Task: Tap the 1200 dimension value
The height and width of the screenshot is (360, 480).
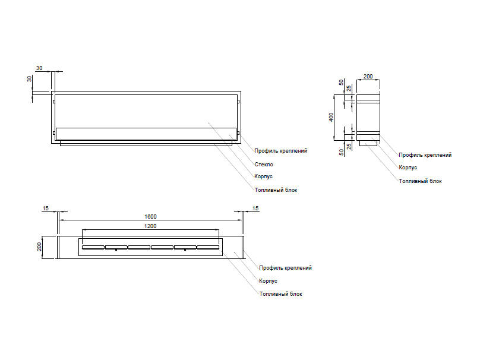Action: tap(150, 226)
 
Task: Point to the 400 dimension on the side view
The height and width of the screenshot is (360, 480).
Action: tap(333, 116)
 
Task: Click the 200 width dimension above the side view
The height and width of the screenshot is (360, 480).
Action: tap(368, 77)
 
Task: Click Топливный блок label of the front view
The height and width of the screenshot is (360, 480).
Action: tap(275, 190)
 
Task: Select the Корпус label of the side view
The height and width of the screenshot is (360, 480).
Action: tap(408, 168)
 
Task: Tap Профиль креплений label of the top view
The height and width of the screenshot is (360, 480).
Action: tap(285, 268)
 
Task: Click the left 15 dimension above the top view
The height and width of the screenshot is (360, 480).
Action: tap(46, 208)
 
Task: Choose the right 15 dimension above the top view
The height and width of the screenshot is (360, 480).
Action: tap(255, 208)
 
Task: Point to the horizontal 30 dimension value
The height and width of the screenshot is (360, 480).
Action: tap(39, 68)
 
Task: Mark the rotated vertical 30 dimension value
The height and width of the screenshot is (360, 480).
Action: tap(30, 79)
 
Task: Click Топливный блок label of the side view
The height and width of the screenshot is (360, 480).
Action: tap(420, 181)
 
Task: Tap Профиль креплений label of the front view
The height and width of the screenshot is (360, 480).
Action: tap(280, 151)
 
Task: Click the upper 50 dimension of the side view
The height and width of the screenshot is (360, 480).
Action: tap(341, 83)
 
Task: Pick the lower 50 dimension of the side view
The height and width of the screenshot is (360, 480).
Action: tap(341, 152)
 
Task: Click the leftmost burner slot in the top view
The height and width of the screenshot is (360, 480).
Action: tap(93, 247)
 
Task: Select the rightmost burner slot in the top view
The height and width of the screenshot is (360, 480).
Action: tap(208, 247)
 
